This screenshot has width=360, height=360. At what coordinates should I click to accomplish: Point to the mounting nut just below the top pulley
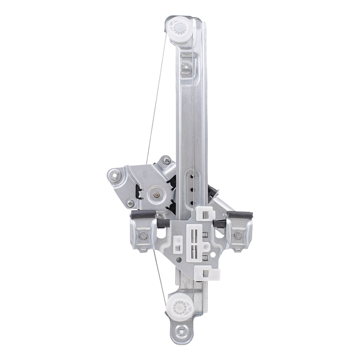point(186,66)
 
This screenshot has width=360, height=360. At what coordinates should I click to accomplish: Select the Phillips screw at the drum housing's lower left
point(130,204)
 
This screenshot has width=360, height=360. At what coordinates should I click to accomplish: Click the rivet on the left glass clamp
point(143,236)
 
